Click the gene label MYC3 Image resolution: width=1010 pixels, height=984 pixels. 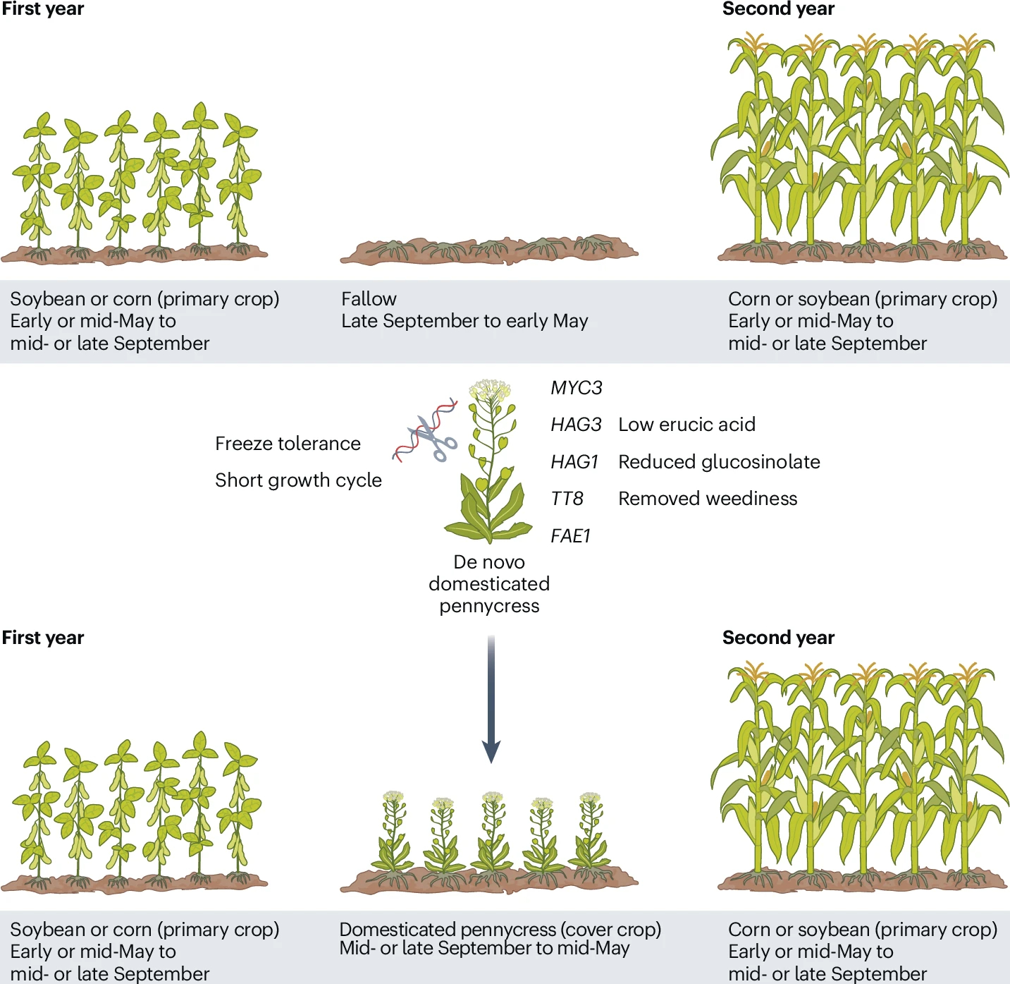576,388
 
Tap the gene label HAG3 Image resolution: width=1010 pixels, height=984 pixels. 576,425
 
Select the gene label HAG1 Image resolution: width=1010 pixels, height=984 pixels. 574,462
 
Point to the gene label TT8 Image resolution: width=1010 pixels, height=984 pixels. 567,499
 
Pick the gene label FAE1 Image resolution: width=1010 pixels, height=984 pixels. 570,536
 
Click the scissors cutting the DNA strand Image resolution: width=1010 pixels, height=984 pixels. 433,438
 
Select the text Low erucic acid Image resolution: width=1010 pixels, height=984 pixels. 686,425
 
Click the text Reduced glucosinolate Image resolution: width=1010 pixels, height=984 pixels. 719,462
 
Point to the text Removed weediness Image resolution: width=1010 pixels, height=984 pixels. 708,499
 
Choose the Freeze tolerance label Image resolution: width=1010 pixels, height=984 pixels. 288,444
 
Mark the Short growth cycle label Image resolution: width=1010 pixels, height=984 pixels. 298,480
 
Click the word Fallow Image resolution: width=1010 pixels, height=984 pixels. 369,299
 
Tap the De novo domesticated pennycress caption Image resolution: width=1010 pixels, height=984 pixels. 489,584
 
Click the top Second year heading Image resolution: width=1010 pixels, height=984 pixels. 778,9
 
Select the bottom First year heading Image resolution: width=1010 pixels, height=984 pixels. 43,638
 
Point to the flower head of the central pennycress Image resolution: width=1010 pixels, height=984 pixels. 491,390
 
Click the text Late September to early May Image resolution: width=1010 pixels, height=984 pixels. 464,322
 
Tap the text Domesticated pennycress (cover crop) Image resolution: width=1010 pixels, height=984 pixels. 500,930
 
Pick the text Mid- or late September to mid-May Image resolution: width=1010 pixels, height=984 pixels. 484,949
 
